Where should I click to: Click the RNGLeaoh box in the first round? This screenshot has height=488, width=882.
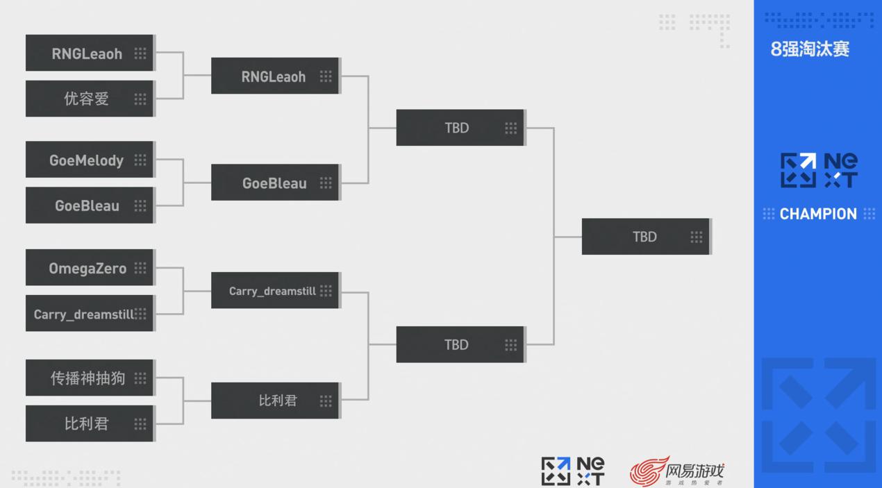point(89,53)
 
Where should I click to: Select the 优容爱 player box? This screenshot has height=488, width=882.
point(89,99)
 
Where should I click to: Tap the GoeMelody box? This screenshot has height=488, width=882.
point(89,160)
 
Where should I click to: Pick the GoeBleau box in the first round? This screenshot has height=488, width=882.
point(89,205)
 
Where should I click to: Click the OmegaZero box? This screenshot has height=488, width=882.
point(89,268)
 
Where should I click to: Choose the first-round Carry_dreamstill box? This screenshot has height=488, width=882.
point(89,314)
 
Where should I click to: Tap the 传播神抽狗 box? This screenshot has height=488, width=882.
point(89,378)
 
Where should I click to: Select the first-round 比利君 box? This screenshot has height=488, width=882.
point(89,423)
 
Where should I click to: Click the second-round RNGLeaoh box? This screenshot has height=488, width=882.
point(274,76)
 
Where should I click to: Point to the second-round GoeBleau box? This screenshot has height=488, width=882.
point(274,183)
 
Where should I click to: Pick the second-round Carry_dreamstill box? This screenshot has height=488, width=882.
point(274,291)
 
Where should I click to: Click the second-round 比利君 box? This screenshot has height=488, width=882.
point(274,401)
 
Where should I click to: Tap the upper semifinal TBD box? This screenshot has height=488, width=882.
point(460,128)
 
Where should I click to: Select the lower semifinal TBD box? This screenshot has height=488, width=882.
point(460,345)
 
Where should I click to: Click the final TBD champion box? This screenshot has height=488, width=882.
point(645,237)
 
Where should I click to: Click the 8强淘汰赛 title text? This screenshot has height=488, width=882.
point(810,49)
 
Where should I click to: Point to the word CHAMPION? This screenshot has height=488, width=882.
point(818,214)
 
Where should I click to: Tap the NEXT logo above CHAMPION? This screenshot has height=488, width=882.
point(819,171)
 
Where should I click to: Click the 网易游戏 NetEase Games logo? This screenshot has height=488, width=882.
point(677,471)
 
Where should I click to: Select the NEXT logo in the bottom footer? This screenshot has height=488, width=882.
point(573,471)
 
